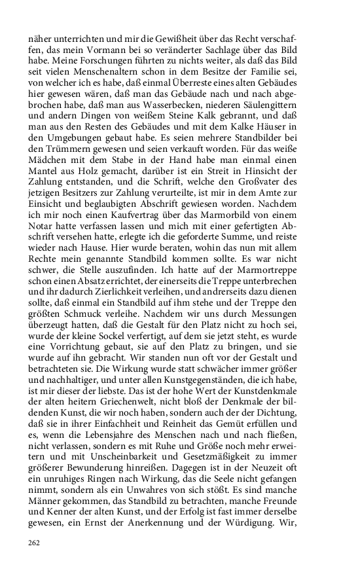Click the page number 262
35,543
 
